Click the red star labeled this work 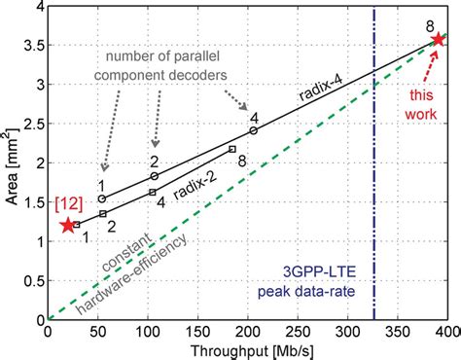[438, 39]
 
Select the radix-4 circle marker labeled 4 [254, 130]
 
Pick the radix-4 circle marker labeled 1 [101, 198]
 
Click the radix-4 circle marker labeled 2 [154, 176]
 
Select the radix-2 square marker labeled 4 [152, 193]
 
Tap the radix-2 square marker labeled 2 [103, 213]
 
